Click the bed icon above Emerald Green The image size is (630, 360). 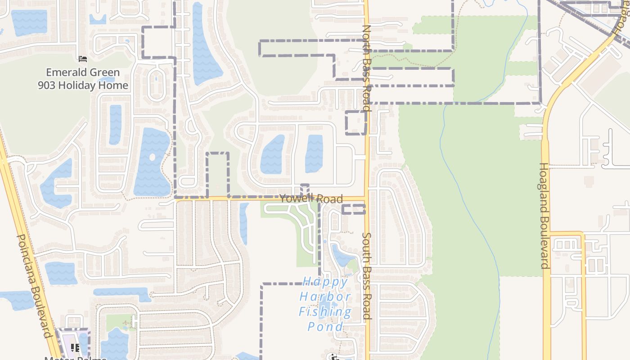pos(82,58)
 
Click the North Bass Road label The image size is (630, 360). pos(367,67)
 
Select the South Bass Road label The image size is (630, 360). pos(367,276)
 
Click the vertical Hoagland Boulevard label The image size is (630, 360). pos(544,216)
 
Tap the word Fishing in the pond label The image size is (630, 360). pos(325,312)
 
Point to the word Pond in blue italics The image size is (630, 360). pos(325,327)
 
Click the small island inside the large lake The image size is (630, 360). pos(152,157)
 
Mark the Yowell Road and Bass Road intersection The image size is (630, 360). pos(367,198)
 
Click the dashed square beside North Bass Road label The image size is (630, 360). pos(355,122)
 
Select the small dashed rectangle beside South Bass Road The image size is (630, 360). pos(353,209)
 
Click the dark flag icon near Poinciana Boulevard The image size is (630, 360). pos(75,347)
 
